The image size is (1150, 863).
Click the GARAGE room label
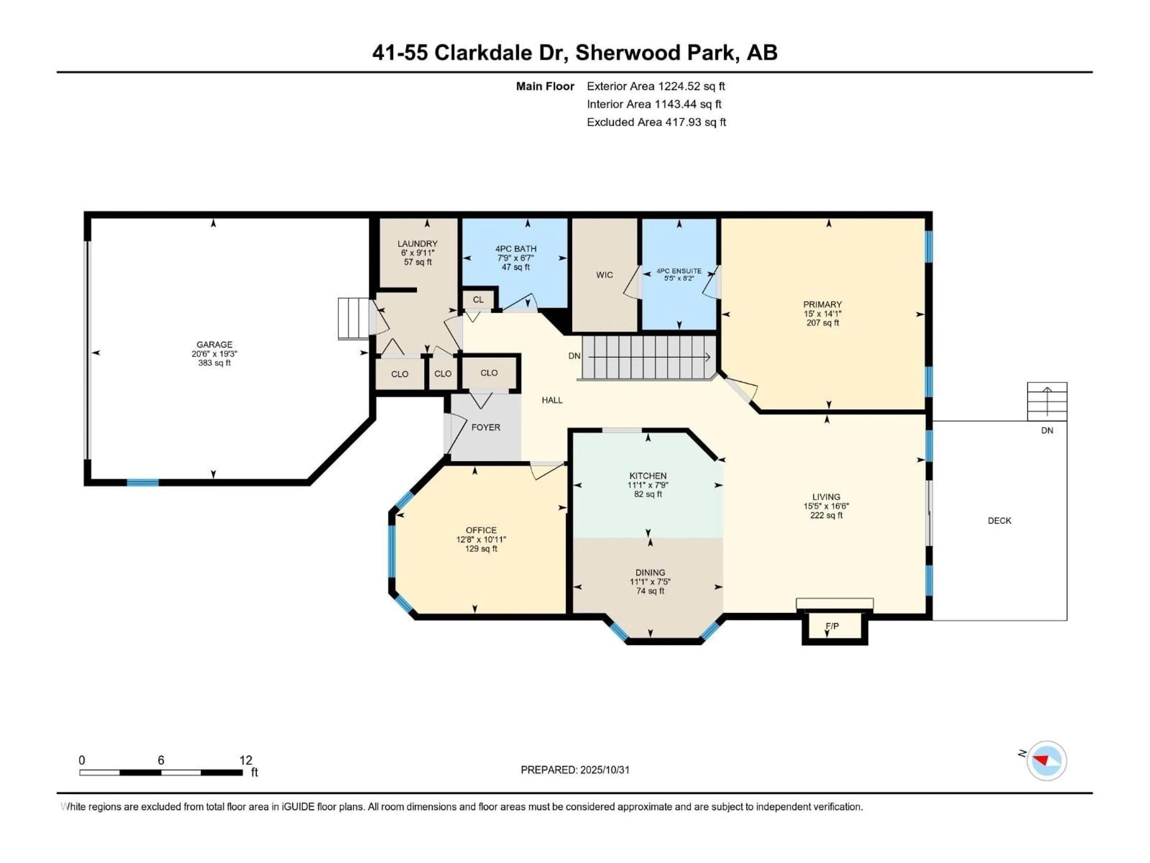click(x=214, y=344)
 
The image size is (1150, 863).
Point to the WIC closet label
click(x=604, y=275)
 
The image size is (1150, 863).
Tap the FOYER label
click(x=485, y=427)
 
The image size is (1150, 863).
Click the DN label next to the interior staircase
click(x=574, y=356)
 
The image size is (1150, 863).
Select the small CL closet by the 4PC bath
click(x=478, y=300)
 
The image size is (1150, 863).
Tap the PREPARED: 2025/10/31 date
click(x=575, y=770)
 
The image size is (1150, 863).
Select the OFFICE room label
click(x=481, y=530)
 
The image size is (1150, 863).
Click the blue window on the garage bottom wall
click(x=143, y=483)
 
